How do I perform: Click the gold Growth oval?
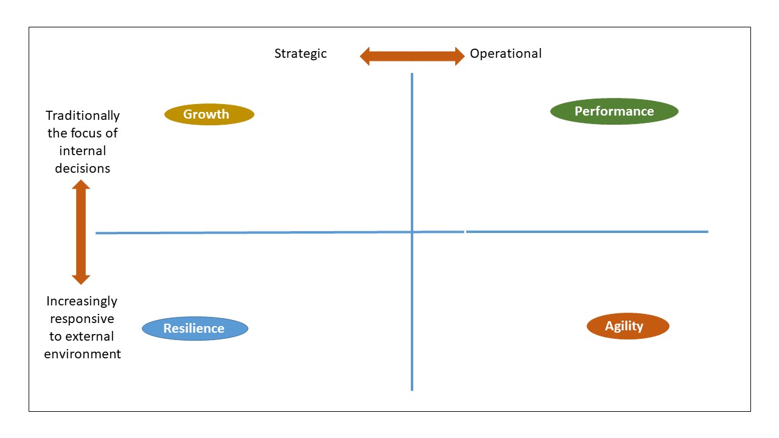coord(209,114)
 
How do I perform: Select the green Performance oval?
coord(614,111)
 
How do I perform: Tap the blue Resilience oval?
coord(195,328)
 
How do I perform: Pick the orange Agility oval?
coord(627,326)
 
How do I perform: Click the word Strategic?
coord(301,54)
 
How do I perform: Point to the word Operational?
coord(505,54)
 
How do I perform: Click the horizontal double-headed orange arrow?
coord(412,57)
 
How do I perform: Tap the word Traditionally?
coord(83,116)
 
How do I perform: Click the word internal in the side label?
coord(83,150)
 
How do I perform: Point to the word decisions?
coord(83,168)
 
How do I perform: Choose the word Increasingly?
coord(82,301)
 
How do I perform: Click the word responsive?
coord(82,319)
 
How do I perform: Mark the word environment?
coord(82,354)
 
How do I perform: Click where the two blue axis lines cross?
coord(412,232)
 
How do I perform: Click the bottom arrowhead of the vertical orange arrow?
coord(81,279)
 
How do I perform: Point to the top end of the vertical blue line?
coord(412,75)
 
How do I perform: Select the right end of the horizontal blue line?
coord(707,231)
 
